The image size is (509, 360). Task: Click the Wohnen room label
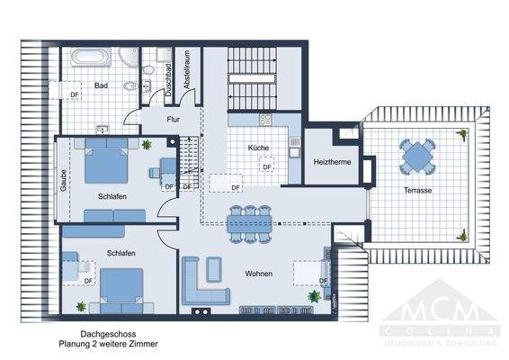pyautogui.click(x=258, y=274)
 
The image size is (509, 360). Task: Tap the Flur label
pyautogui.click(x=174, y=120)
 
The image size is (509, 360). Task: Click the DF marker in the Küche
pyautogui.click(x=266, y=166)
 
